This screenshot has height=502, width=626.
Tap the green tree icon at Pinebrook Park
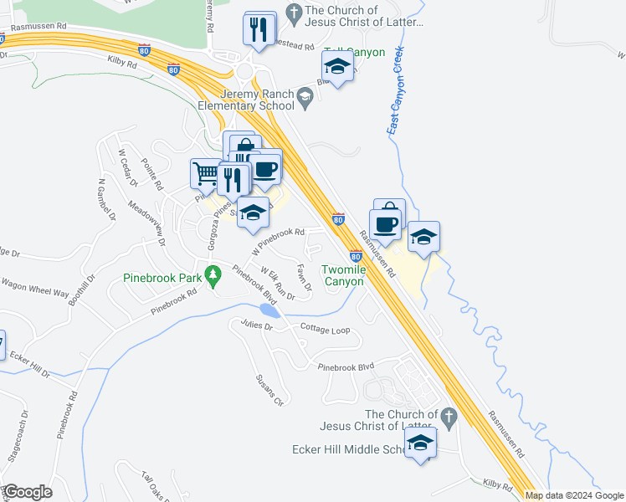(213, 274)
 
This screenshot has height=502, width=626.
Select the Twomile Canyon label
(343, 275)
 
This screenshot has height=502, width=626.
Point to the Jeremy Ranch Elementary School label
(246, 100)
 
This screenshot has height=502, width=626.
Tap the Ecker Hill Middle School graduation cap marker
(421, 443)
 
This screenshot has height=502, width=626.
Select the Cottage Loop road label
(325, 330)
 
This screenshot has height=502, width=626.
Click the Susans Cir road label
(271, 390)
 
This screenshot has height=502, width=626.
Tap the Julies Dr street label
(257, 325)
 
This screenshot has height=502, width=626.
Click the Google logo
(28, 493)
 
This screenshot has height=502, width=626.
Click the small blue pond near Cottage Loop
(269, 310)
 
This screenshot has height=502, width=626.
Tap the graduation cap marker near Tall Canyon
(337, 67)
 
